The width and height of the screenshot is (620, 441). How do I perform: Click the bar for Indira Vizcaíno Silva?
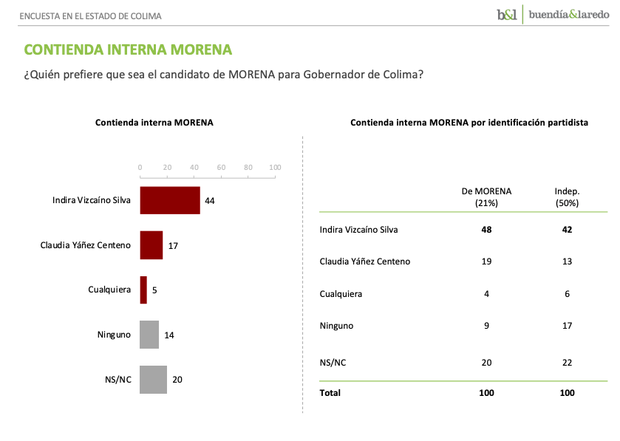tap(170, 200)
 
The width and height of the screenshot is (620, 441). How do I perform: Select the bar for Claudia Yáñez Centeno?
tap(151, 245)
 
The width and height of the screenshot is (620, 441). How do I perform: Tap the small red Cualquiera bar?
tap(143, 290)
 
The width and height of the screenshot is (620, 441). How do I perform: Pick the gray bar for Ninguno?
tap(149, 335)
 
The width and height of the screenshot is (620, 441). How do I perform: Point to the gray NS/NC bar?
tap(153, 380)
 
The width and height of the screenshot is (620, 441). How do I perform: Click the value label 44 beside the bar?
tap(209, 201)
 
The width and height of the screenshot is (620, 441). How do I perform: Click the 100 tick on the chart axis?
tap(275, 168)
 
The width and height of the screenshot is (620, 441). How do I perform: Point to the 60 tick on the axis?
tap(221, 168)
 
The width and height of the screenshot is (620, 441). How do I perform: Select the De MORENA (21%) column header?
tap(486, 196)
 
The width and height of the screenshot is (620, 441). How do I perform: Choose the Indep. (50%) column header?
tap(567, 196)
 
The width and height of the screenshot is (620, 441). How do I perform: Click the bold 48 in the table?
tap(486, 230)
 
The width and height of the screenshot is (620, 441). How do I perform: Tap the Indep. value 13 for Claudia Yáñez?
tap(567, 261)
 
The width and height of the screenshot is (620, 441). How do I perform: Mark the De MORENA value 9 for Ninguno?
tap(486, 326)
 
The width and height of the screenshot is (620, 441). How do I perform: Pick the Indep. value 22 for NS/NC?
tap(567, 362)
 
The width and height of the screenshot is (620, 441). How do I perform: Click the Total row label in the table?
tap(330, 393)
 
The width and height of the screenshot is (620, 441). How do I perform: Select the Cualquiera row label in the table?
tap(341, 294)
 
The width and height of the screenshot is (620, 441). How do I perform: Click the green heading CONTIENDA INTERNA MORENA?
tap(128, 49)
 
